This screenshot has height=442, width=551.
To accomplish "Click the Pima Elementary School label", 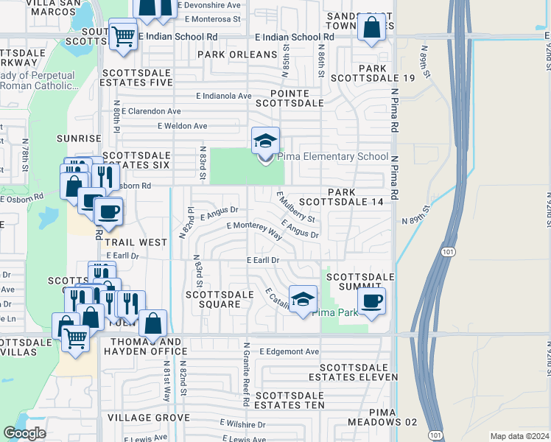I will [333, 156].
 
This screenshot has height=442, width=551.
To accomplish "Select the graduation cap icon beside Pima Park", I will [302, 299].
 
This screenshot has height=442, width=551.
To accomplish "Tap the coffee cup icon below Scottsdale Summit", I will [372, 301].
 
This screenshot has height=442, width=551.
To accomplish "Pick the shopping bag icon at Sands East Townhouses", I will [372, 28].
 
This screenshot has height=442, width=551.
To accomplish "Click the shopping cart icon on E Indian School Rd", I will [122, 35].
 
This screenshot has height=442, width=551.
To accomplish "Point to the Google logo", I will [24, 433].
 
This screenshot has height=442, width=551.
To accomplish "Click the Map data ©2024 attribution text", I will [519, 436].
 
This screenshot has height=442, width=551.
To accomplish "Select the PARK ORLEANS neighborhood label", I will [236, 55].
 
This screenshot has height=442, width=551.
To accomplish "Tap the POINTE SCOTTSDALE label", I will [289, 99].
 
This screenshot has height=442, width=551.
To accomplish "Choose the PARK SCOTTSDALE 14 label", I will [357, 197].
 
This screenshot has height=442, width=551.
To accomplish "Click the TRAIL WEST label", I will [136, 242].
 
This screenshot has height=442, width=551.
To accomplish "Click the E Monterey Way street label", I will [254, 231].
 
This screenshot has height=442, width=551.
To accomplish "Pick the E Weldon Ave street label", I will [183, 126].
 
